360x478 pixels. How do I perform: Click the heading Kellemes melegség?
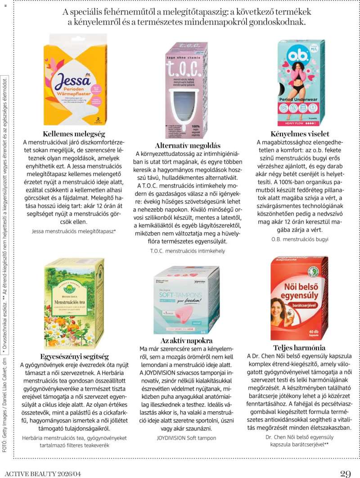(74, 134)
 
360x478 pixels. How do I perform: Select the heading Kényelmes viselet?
(300, 134)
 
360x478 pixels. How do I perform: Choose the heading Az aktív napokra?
(186, 340)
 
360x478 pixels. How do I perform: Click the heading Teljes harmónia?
(299, 347)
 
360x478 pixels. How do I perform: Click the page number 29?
(345, 473)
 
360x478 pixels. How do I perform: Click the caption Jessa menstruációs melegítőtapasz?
(74, 231)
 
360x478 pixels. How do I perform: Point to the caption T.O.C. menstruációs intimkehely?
(187, 251)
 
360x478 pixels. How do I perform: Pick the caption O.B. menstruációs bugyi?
(300, 239)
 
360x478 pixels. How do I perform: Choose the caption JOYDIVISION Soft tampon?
(186, 437)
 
